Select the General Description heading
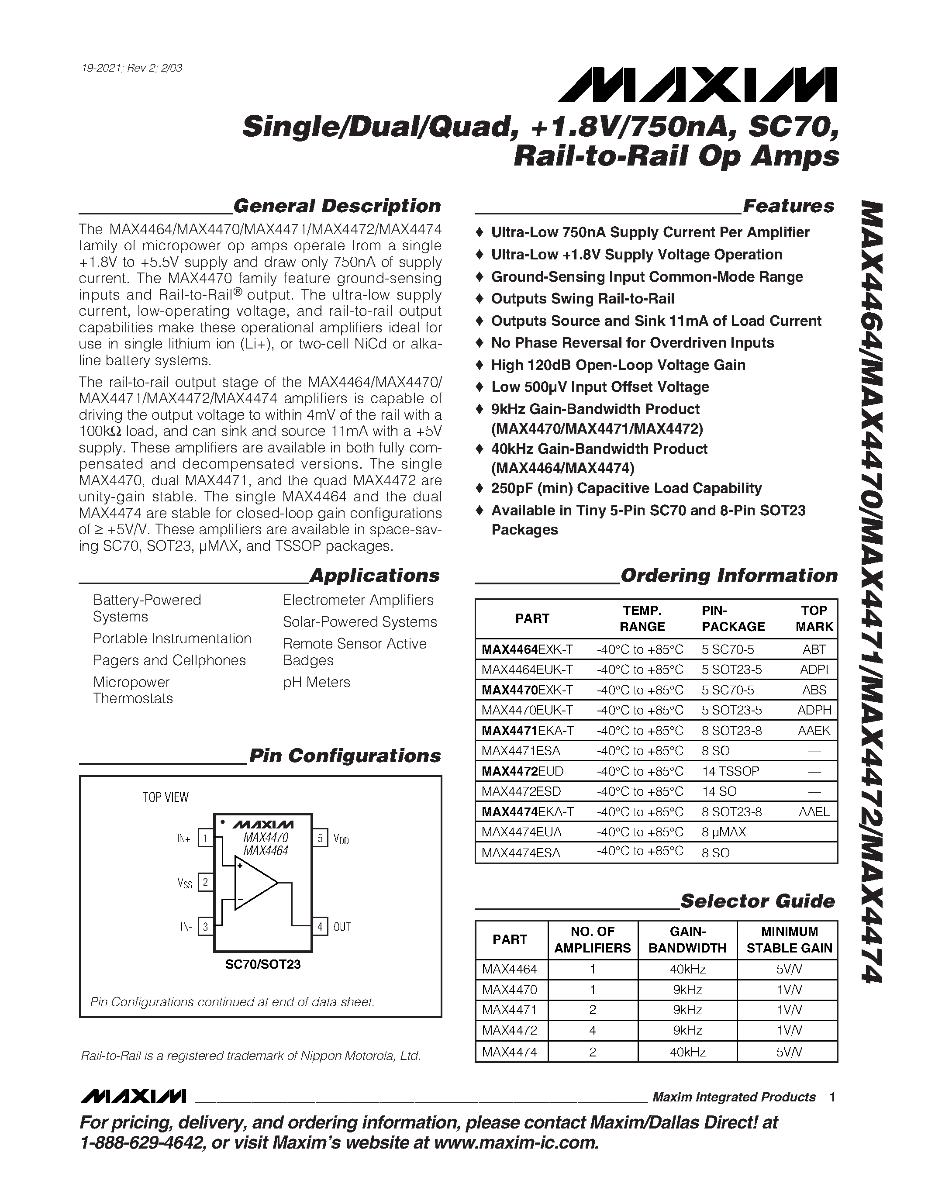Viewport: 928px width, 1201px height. [x=336, y=206]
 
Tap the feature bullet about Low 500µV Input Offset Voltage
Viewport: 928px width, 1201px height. [x=599, y=387]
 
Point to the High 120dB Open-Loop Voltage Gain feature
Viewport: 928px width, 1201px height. [x=618, y=365]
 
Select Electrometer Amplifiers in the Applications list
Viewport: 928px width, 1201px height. [x=358, y=600]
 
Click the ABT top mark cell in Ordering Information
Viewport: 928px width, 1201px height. [x=814, y=649]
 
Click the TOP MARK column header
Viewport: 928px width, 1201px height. [x=814, y=619]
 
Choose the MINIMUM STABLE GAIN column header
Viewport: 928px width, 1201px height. [x=789, y=940]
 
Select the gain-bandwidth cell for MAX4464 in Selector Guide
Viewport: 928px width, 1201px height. [x=687, y=969]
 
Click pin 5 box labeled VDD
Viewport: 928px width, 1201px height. [x=320, y=839]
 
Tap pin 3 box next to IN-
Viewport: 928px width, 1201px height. [x=205, y=927]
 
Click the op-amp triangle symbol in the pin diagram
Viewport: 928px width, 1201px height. [x=254, y=883]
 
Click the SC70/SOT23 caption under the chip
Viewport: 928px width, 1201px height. [x=263, y=965]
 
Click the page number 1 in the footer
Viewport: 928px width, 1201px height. [x=832, y=1097]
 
